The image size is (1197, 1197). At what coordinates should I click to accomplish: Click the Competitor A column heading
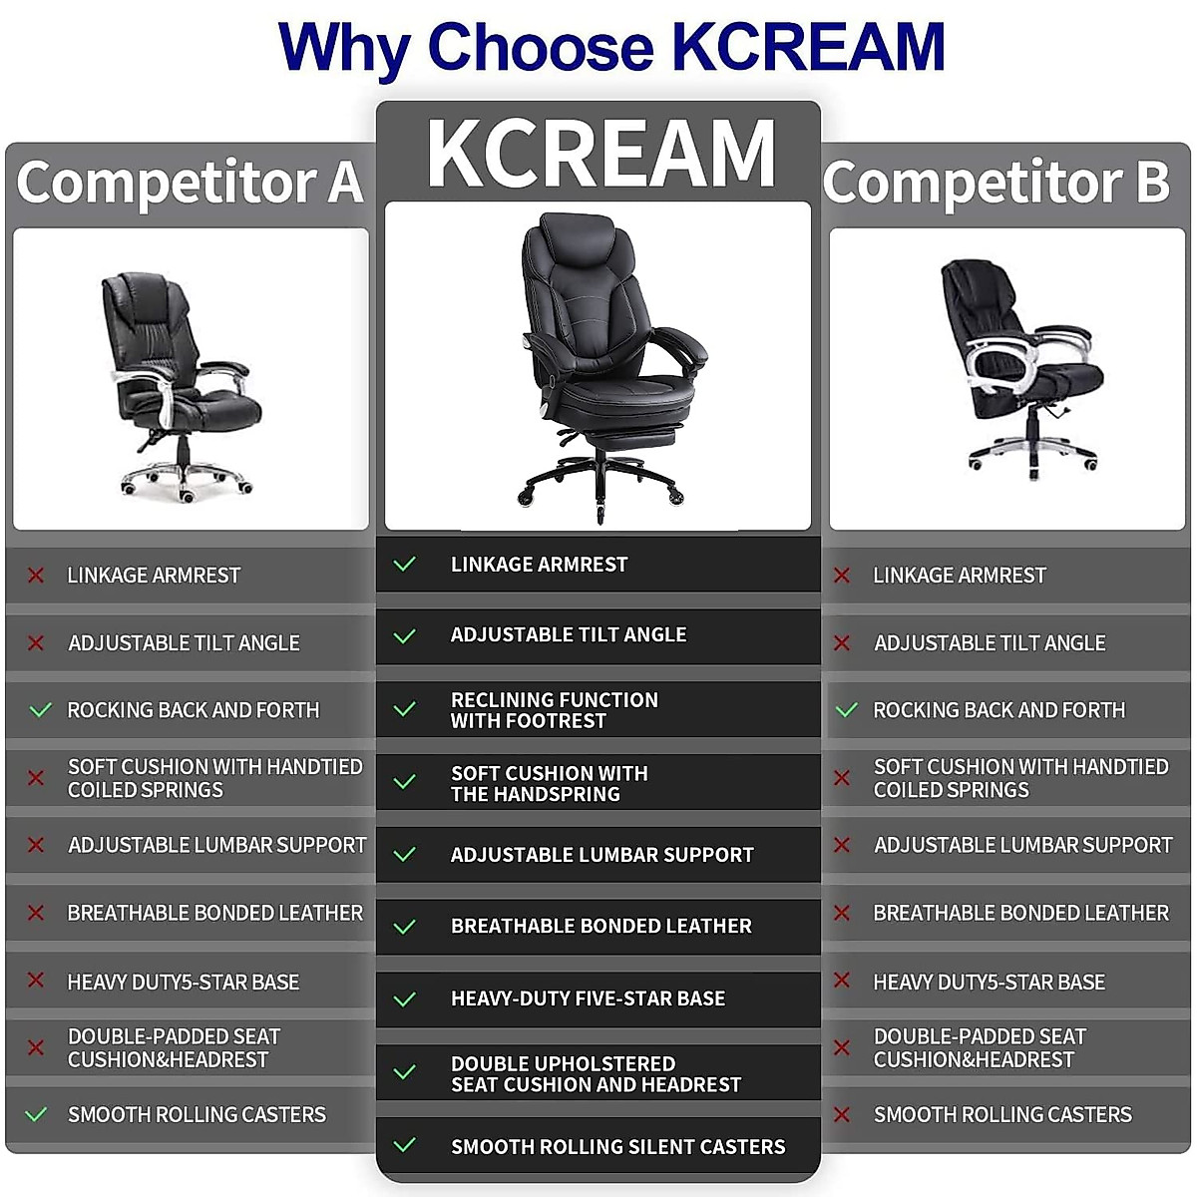point(190,182)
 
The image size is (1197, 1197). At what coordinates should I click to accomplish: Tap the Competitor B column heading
point(997,182)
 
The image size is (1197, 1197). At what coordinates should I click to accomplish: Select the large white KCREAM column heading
point(600,153)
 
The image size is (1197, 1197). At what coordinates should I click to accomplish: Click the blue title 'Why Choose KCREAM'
point(610,47)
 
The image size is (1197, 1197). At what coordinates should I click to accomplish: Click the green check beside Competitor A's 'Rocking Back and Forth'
point(40,710)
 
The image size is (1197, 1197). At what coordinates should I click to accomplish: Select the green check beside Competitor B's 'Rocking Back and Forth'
point(846,710)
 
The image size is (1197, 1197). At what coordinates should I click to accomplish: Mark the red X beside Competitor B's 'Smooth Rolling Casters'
point(842,1114)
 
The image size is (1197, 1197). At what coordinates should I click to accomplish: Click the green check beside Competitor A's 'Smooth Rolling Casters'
point(36,1114)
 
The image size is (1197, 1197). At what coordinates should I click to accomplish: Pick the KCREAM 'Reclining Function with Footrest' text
point(554,710)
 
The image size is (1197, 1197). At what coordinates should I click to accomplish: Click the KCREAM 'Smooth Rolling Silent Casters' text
point(617,1147)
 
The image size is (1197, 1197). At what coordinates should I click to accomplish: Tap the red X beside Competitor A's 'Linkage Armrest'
point(36,576)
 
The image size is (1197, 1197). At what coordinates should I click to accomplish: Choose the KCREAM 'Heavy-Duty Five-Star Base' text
point(588,998)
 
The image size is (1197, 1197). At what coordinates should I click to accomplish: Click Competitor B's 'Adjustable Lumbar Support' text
point(1022,845)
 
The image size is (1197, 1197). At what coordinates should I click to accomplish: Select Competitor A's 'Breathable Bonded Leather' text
point(214,913)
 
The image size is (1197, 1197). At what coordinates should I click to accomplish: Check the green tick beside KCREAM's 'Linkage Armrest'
point(404,565)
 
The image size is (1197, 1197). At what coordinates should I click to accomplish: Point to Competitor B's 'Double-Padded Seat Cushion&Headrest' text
point(980,1047)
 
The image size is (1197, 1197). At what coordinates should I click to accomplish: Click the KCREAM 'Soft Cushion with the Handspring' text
point(549,783)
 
